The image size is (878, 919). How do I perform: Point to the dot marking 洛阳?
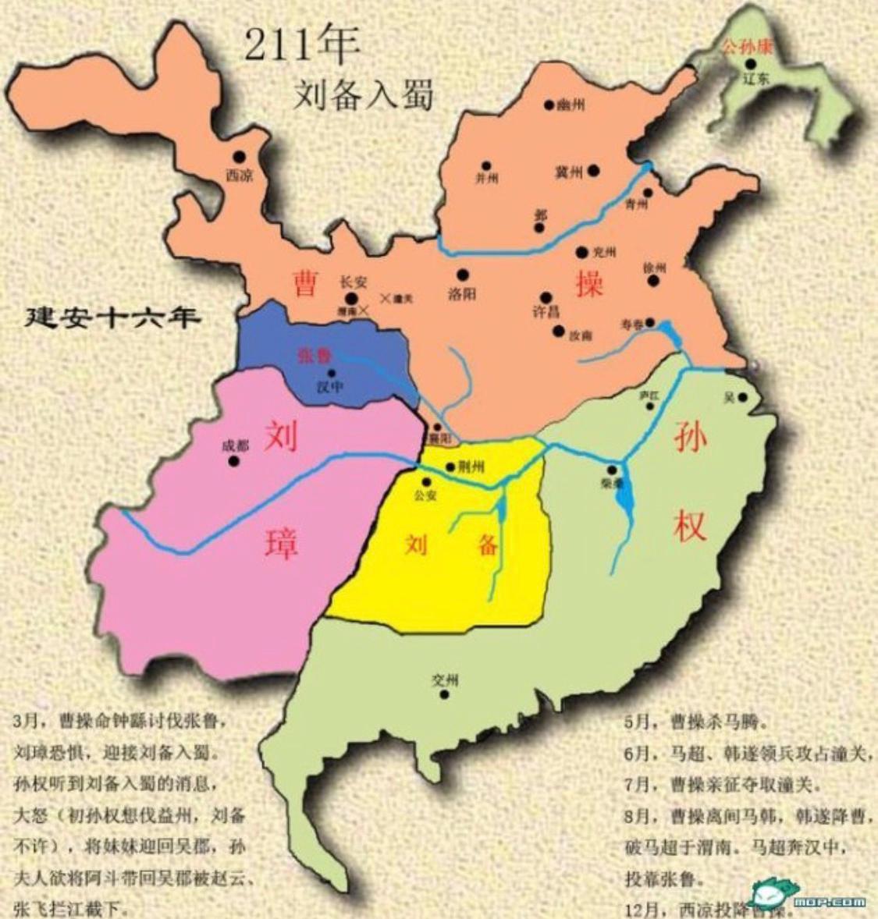click(x=463, y=275)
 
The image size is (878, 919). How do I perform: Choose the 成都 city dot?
click(x=233, y=461)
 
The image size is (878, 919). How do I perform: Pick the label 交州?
click(x=444, y=678)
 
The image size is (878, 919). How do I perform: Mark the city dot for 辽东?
click(x=750, y=64)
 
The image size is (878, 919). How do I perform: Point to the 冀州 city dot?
click(x=594, y=169)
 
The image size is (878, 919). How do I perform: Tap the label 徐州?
click(x=653, y=268)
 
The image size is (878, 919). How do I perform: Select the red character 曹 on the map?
click(x=304, y=283)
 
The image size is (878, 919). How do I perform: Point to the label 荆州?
click(x=471, y=467)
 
